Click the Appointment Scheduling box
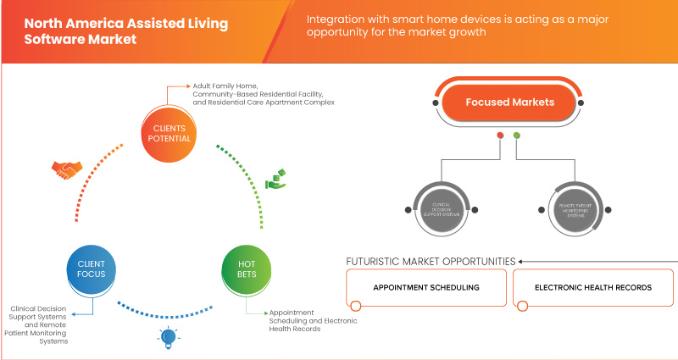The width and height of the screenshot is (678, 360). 425,288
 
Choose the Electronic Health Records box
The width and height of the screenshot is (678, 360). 592,288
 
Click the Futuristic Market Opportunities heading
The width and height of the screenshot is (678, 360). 431,261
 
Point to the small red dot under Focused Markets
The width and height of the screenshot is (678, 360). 500,135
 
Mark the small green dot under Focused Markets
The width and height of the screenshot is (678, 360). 517,135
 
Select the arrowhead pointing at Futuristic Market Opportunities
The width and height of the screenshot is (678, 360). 522,261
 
